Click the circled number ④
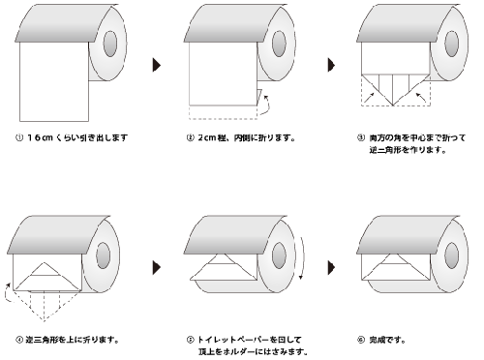click(19, 340)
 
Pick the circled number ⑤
click(190, 340)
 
